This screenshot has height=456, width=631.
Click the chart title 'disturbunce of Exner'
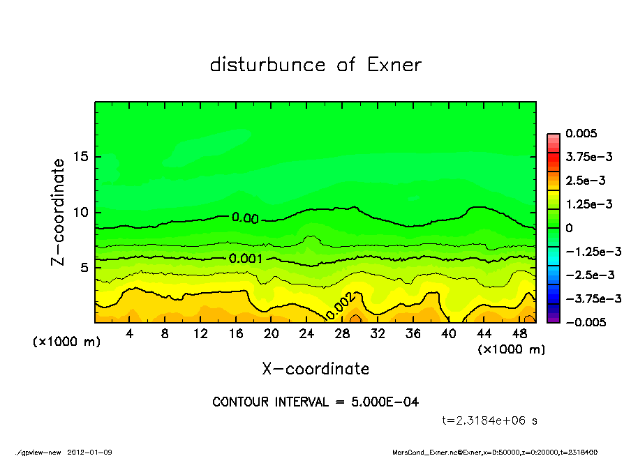point(315,65)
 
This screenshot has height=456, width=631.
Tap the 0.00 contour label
point(245,218)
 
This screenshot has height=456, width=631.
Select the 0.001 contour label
point(246,259)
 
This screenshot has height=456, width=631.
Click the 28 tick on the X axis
point(342,333)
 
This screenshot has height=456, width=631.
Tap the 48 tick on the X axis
point(519,333)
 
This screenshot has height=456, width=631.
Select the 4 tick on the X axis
point(130,333)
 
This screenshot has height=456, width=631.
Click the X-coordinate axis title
point(315,369)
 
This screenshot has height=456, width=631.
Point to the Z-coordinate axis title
point(58,212)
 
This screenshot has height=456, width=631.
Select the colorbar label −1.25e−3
point(588,251)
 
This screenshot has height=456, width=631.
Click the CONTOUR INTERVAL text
point(315,402)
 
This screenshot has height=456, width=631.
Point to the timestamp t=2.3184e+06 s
point(489,420)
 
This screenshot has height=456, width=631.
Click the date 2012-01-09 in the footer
point(90,452)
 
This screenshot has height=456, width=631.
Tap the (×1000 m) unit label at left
point(67,342)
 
